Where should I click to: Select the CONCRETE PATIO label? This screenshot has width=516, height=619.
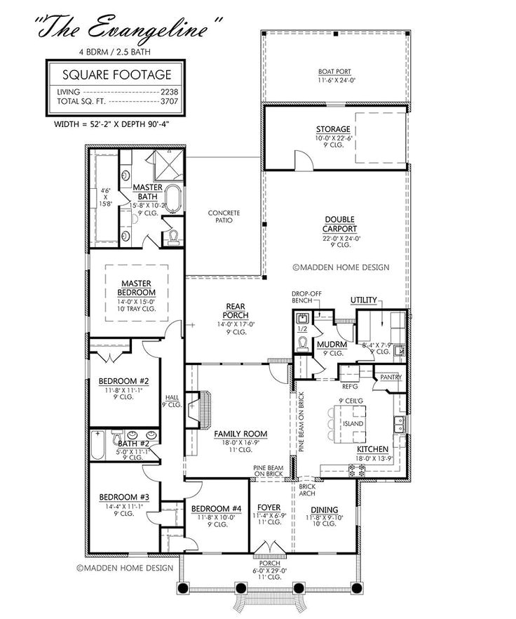(224, 216)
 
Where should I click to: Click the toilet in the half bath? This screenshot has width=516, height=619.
(303, 344)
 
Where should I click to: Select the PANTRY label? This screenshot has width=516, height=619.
(390, 377)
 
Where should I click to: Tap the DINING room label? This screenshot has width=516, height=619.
(325, 510)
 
